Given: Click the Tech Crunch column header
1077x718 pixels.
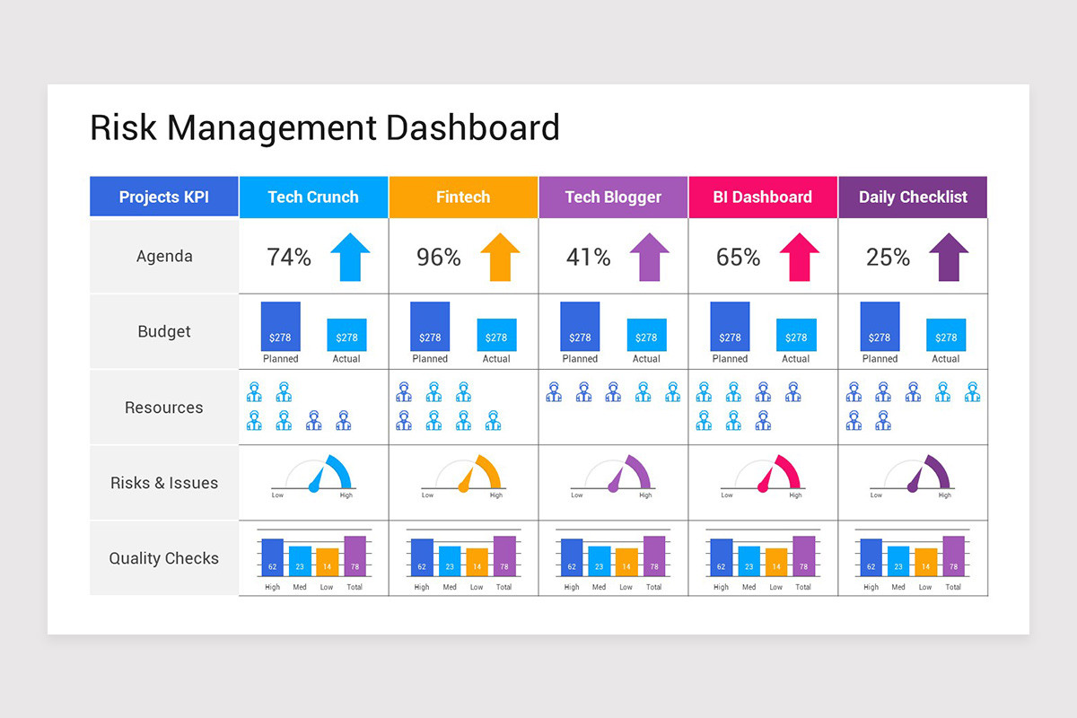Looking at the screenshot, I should point(313,197).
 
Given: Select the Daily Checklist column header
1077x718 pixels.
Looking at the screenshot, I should point(913,197).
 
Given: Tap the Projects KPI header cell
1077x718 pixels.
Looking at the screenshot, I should point(164,197).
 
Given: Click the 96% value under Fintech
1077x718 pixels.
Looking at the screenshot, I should point(438,258).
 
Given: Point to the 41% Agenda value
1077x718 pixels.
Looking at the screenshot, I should point(588,258).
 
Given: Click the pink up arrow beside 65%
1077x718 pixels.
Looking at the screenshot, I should point(799,257).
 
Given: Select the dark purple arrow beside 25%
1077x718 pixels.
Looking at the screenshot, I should point(949,257).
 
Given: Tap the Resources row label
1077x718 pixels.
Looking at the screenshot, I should point(164,407).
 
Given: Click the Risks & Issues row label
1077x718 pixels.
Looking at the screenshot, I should point(164,483).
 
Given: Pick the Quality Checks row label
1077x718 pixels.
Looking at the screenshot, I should point(164,558).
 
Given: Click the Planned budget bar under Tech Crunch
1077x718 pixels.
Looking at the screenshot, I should point(280,326).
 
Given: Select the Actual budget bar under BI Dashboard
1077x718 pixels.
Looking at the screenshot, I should point(796,335).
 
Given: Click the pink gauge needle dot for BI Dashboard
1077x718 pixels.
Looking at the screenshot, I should point(763,487).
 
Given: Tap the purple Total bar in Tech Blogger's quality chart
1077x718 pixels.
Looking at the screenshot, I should point(654,556).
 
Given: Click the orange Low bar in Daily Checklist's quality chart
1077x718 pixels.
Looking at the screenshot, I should point(926,562).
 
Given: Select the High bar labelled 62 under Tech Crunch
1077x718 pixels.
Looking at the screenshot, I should point(272,557).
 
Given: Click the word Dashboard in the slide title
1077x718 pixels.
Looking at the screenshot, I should point(473,127).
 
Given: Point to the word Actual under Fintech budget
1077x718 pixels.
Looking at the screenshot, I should point(496,359).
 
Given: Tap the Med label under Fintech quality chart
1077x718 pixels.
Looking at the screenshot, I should point(450,587).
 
